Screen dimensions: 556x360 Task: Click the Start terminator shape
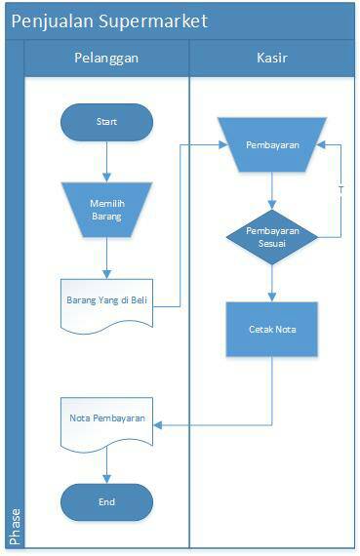pos(106,122)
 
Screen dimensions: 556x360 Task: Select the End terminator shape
pos(106,501)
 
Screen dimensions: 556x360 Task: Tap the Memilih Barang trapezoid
pos(106,209)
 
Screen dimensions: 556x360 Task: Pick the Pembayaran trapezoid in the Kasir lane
pos(272,145)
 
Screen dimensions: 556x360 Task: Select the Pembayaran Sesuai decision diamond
pos(272,236)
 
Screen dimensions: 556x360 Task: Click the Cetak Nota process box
pos(272,329)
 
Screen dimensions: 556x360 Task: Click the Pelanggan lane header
pos(106,58)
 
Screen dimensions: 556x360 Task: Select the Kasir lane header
pos(272,58)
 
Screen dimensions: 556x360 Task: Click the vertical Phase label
pos(15,526)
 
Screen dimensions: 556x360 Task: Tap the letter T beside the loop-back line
pos(340,189)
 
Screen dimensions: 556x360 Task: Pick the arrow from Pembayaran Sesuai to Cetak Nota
pos(272,282)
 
